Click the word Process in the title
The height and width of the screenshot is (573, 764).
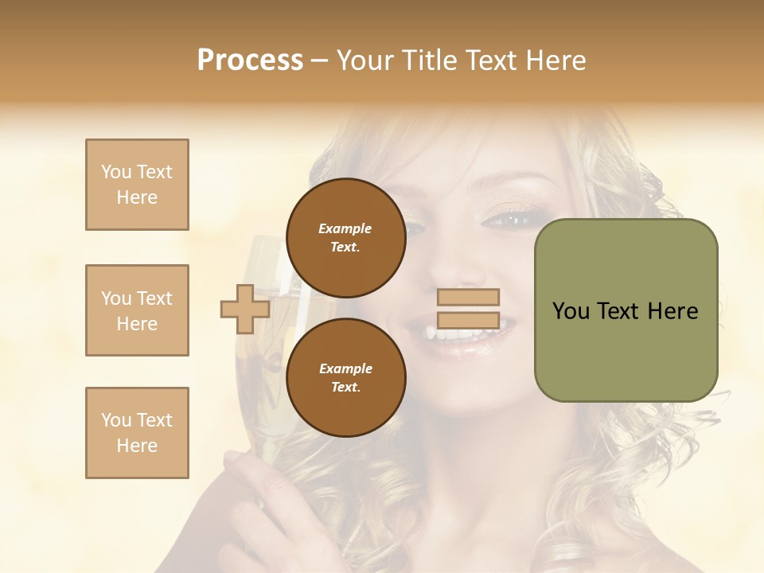pos(250,60)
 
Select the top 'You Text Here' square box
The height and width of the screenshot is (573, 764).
pos(137,185)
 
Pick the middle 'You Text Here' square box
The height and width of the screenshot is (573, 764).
pos(137,310)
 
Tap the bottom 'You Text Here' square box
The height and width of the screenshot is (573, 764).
pos(137,432)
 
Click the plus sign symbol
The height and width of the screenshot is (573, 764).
pos(245,309)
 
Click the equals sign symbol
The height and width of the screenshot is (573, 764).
pos(469,309)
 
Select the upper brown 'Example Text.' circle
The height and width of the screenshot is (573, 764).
pos(345,237)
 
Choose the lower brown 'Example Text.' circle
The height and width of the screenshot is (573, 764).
pos(345,377)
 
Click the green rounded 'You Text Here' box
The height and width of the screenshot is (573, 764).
pos(626,310)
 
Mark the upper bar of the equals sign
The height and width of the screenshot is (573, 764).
pos(469,298)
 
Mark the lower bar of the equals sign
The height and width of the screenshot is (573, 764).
pos(469,321)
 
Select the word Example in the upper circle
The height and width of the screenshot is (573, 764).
pos(345,228)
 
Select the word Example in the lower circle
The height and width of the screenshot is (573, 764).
pos(345,368)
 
